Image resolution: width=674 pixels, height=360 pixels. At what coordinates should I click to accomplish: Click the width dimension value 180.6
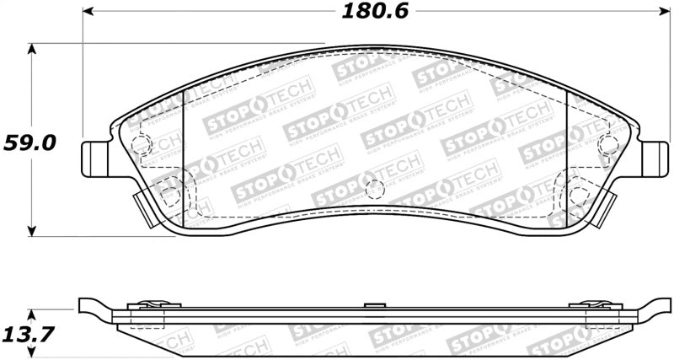(369, 12)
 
